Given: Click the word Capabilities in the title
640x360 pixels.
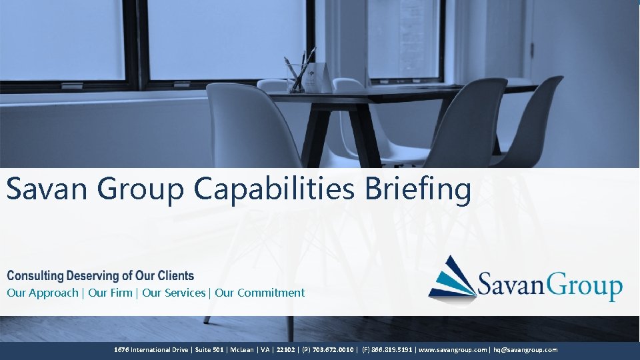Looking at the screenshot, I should click(x=275, y=190).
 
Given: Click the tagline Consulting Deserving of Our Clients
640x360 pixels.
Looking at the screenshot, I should click(x=100, y=275).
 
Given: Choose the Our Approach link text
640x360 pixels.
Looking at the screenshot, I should click(x=42, y=293).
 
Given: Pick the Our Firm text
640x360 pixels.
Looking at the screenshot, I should click(x=110, y=293).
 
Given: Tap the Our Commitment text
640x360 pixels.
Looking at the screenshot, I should click(x=259, y=293).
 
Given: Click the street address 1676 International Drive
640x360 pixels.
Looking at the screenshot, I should click(x=151, y=349).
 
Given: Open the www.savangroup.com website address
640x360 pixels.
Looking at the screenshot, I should click(x=453, y=349).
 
